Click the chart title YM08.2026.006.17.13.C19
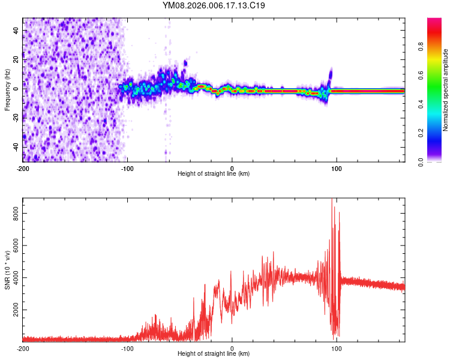tap(214, 5)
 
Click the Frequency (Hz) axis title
tap(7, 90)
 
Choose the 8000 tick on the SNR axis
tap(12, 214)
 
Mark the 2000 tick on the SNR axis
tap(12, 311)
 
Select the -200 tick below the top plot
tap(23, 168)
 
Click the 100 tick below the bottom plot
tap(337, 348)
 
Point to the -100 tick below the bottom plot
tap(127, 348)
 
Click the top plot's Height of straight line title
tap(214, 174)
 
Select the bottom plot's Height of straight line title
tap(214, 354)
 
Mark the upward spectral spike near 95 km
tap(331, 73)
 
